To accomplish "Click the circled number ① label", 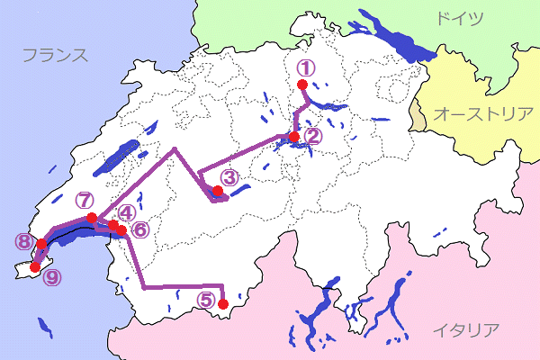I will [x=306, y=67].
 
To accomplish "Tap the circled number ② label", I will [x=311, y=137].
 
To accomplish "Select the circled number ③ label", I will [x=229, y=177].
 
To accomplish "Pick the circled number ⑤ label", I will [x=206, y=301].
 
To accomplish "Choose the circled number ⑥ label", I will [x=139, y=229].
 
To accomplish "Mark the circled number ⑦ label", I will [x=85, y=200].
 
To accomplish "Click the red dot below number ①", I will [x=302, y=85].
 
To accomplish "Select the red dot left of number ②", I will [x=294, y=137].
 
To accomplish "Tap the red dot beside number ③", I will [x=217, y=190].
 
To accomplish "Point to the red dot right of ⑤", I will [x=223, y=303].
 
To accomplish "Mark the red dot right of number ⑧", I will [x=41, y=243].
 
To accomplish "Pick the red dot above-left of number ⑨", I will [x=35, y=266].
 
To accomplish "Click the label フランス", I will [x=55, y=56].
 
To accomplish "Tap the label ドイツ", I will [x=459, y=18].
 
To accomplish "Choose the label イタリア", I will [x=465, y=329].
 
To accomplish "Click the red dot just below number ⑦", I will [x=92, y=218].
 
